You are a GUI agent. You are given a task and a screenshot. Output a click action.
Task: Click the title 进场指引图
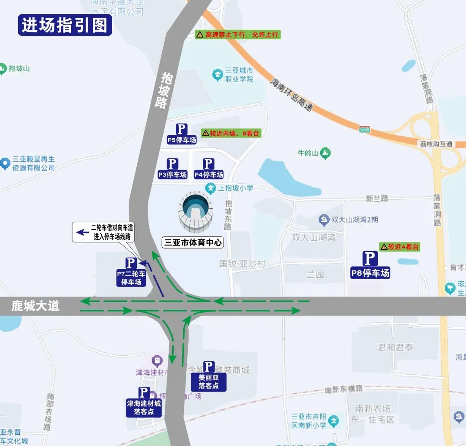click(x=65, y=25)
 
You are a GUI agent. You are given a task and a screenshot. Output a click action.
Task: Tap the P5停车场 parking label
click(x=182, y=134)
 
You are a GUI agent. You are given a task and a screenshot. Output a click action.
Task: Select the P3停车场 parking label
click(x=172, y=169)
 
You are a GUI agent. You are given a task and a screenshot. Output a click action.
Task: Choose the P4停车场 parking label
click(x=208, y=169)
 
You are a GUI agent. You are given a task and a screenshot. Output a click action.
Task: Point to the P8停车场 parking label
click(x=370, y=265)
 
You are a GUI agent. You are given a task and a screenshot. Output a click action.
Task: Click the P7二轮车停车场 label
click(x=131, y=272)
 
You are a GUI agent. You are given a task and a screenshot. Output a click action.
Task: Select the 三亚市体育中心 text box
click(x=192, y=242)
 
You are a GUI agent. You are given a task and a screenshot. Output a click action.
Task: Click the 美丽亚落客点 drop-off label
click(x=208, y=376)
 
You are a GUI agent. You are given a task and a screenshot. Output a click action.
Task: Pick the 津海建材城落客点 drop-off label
click(x=144, y=402)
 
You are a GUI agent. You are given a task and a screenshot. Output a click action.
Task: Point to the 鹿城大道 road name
click(x=35, y=306)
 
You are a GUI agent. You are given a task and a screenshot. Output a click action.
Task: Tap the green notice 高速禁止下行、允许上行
click(x=238, y=35)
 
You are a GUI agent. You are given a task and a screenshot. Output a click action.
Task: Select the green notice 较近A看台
click(x=400, y=247)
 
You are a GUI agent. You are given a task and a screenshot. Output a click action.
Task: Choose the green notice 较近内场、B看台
click(x=231, y=133)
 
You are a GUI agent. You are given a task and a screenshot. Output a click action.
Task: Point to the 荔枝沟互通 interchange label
click(x=436, y=144)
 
